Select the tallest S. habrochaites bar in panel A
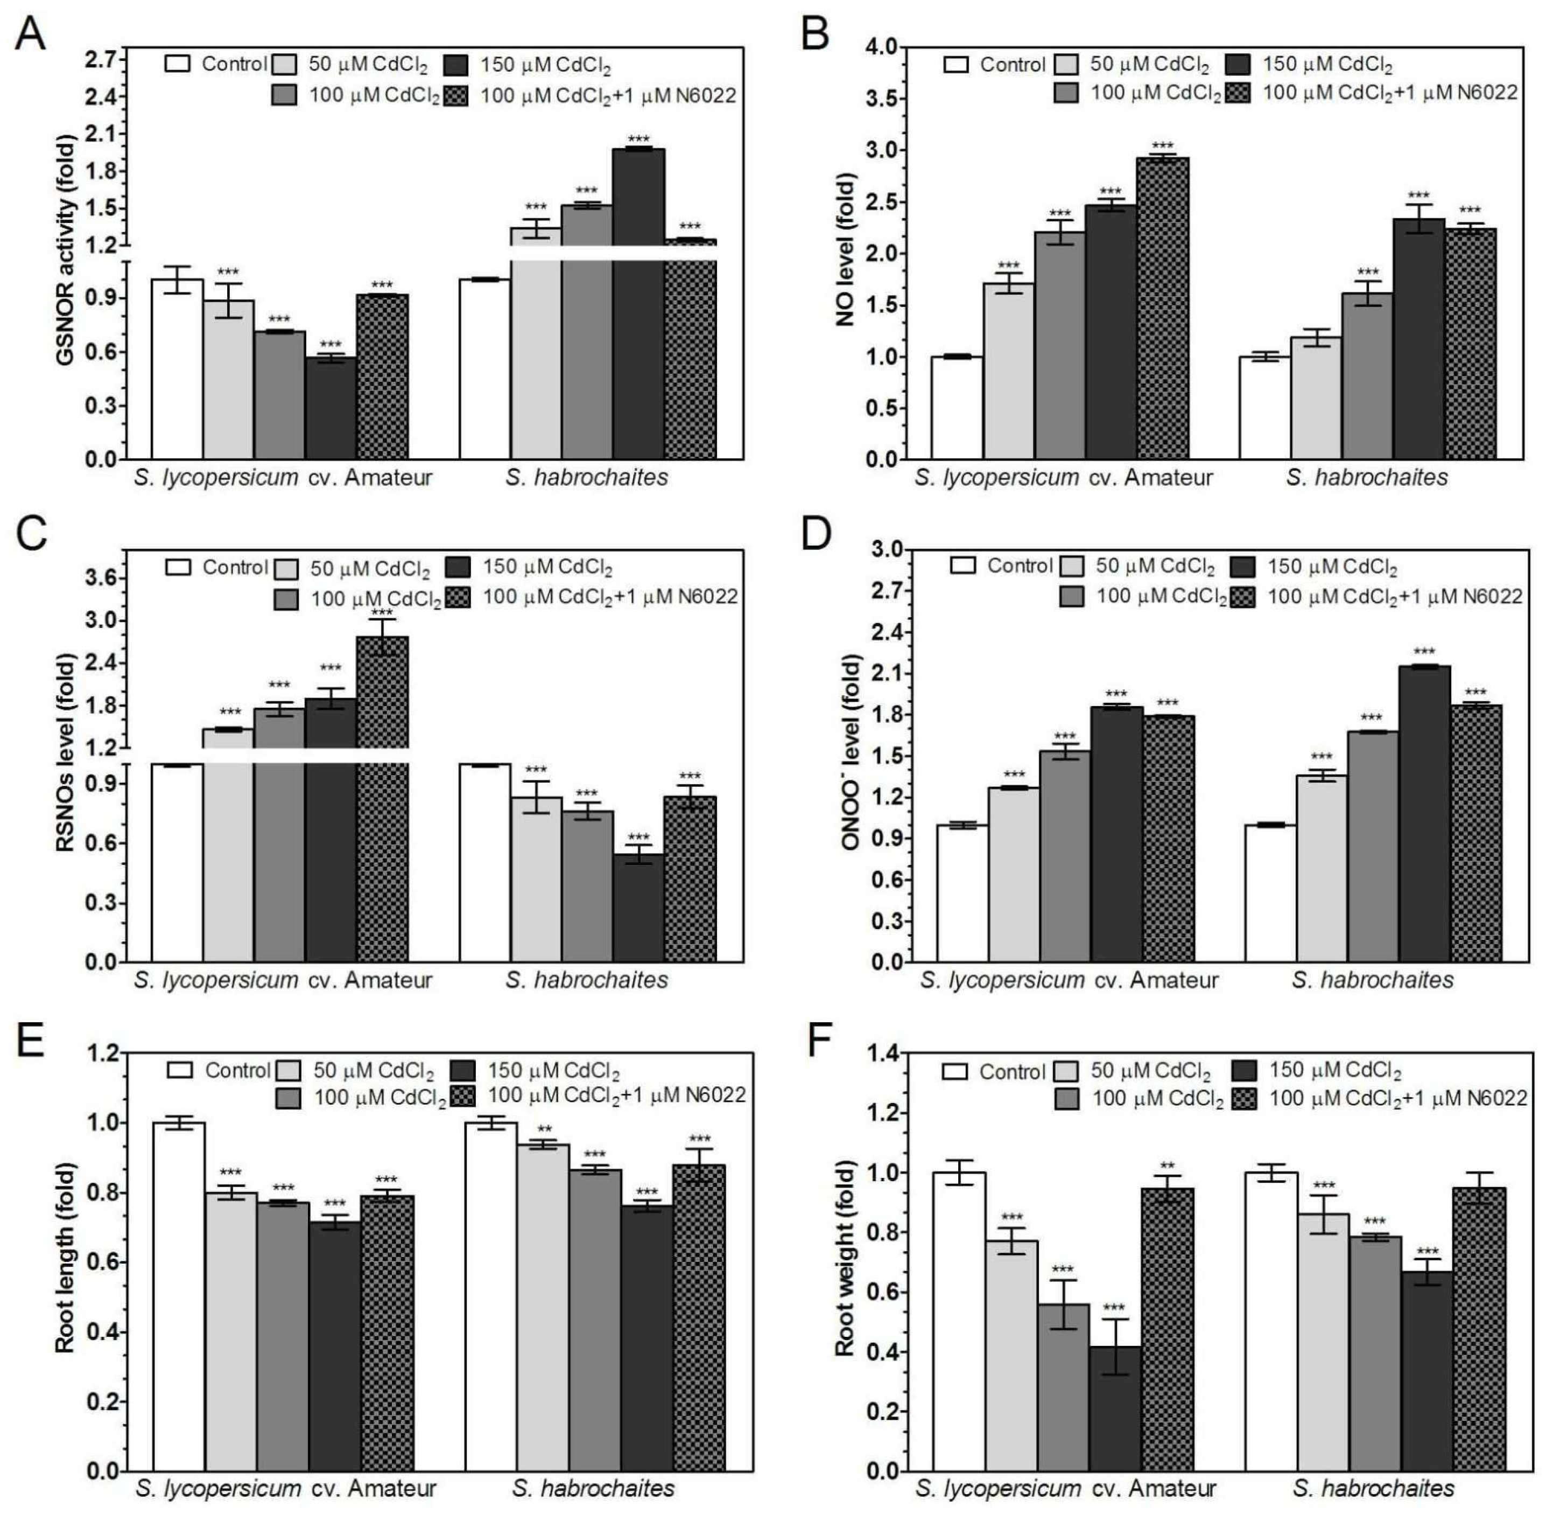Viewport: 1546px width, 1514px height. [x=638, y=302]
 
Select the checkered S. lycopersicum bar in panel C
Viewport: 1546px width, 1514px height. [x=382, y=795]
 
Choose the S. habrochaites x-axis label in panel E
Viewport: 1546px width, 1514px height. [x=593, y=1488]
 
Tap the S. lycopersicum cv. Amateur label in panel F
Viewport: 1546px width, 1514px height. [x=1065, y=1488]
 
